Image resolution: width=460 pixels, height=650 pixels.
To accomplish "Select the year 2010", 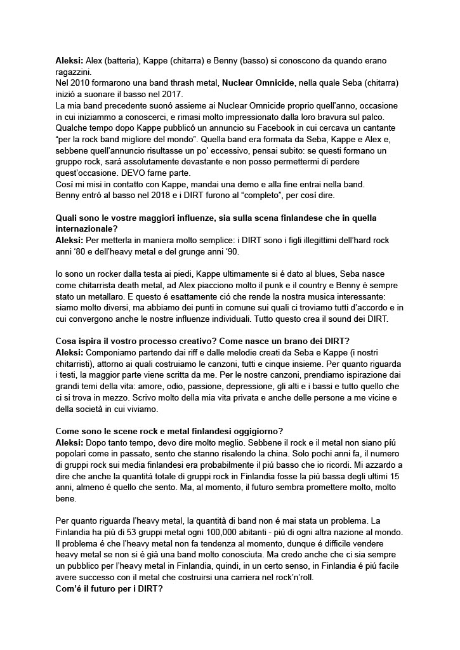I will point(78,83).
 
